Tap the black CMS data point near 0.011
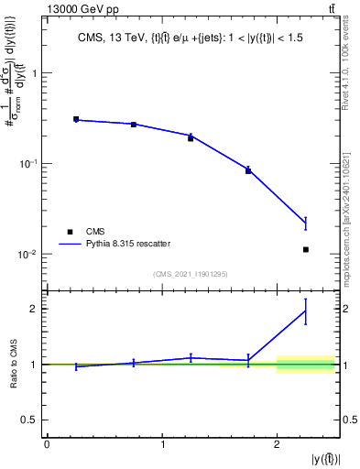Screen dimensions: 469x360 306,249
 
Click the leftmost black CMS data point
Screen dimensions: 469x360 76,119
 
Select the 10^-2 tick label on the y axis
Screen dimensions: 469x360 30,254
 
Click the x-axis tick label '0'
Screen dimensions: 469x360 47,444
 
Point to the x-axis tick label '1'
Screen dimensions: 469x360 162,444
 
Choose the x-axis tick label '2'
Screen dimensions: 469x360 278,444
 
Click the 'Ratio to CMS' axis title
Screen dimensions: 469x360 13,364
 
